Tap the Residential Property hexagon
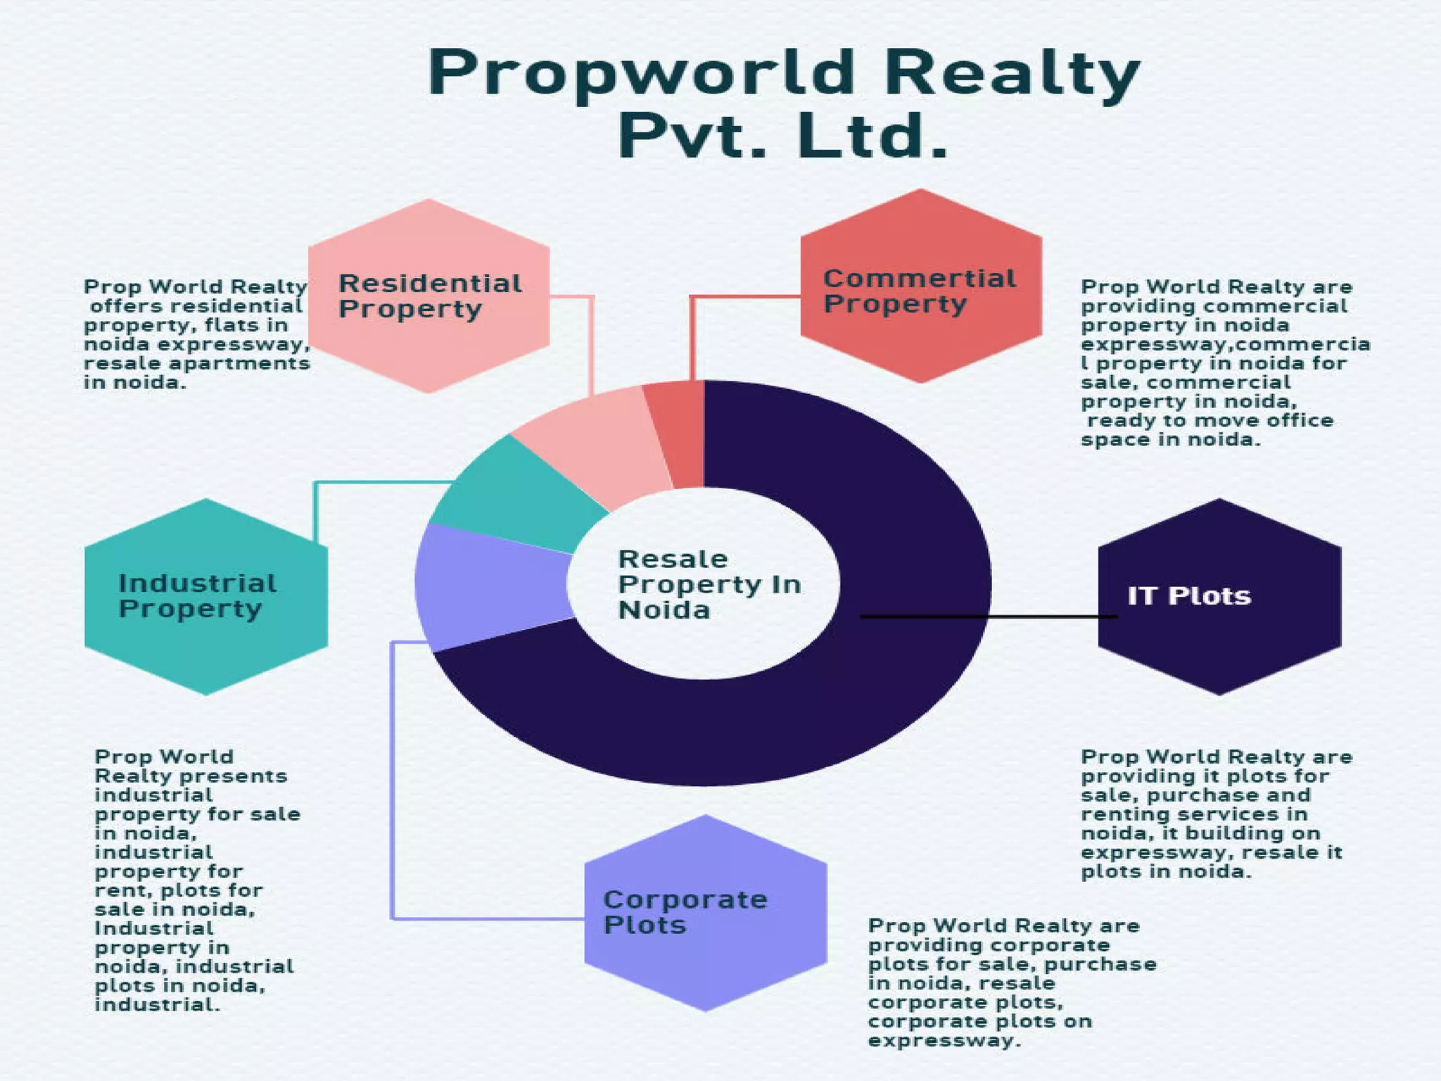click(429, 296)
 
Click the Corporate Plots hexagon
click(706, 912)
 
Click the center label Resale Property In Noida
click(707, 584)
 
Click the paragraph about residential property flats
click(196, 334)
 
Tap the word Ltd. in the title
click(872, 136)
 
